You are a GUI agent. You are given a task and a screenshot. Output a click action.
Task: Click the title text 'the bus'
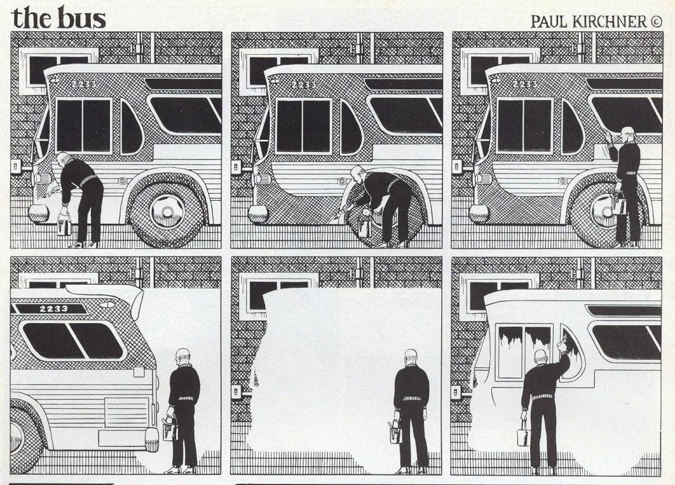(58, 17)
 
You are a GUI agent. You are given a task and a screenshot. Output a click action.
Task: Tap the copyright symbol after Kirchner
(656, 22)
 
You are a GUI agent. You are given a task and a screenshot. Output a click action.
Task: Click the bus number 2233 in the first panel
(84, 84)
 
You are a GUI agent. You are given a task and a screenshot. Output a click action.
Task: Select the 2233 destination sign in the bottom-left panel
(50, 309)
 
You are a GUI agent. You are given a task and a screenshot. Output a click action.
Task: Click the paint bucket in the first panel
(63, 226)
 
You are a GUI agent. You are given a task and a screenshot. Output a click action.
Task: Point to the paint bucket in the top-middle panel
(365, 226)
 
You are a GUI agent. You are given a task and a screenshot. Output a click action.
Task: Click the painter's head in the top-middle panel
(358, 172)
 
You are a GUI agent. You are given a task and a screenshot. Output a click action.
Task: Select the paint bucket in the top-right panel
(619, 204)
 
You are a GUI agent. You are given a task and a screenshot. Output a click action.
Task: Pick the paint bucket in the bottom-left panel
(169, 430)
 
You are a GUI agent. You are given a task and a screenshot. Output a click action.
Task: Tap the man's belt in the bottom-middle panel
(410, 399)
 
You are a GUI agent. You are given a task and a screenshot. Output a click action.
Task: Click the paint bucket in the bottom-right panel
(524, 436)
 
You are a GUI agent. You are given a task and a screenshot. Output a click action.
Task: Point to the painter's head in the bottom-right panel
(540, 356)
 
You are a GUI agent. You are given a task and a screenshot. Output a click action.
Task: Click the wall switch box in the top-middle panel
(237, 168)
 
